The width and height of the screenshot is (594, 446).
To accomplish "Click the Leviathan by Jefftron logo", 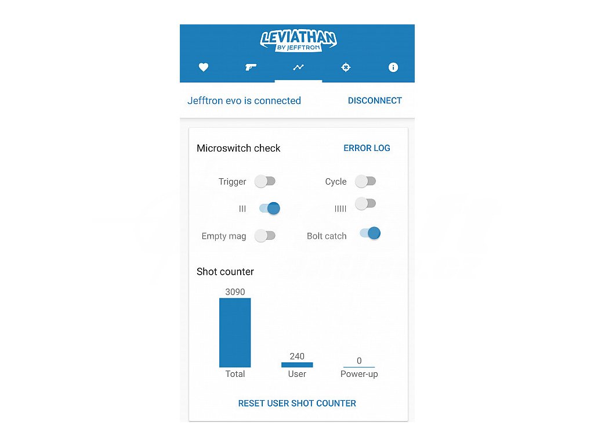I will click(298, 40).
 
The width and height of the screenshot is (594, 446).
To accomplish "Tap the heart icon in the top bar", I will click(204, 67).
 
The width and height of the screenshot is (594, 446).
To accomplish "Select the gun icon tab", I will click(251, 67).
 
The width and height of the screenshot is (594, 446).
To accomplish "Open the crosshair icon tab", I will click(346, 67).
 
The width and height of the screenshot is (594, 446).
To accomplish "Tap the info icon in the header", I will click(393, 67).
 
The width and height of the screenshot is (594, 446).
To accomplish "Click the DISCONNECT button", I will click(375, 100).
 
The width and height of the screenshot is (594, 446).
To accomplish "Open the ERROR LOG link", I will click(367, 148).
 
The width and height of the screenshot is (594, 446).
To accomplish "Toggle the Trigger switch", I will click(265, 181).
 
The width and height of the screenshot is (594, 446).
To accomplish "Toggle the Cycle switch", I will click(365, 181).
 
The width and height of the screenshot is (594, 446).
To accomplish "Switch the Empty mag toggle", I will click(265, 236).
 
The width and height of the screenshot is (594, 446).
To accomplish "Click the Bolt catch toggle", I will click(370, 233).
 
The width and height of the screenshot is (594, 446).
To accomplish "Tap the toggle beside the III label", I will click(270, 208).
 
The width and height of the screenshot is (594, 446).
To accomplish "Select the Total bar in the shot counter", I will click(235, 332).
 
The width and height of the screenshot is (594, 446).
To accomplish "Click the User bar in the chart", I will click(297, 365).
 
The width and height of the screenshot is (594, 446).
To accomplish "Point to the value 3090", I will click(235, 292).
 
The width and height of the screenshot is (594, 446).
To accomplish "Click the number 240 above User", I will click(297, 357).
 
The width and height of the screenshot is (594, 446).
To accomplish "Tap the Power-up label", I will click(359, 374).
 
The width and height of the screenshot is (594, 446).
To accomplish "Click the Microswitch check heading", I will click(238, 148).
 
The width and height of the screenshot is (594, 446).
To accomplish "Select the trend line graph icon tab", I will click(298, 67).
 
